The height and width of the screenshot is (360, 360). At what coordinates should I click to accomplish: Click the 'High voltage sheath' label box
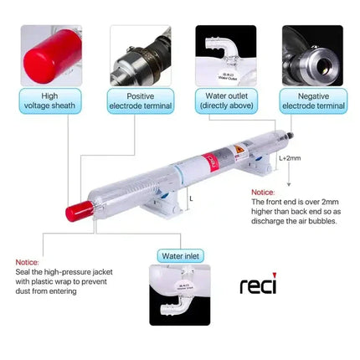pos(51,101)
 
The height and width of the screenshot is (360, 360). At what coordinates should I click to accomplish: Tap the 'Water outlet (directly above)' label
pos(226,101)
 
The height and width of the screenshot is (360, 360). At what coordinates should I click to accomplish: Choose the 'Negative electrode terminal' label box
pos(311,101)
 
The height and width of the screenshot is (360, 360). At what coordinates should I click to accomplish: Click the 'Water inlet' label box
pos(180,255)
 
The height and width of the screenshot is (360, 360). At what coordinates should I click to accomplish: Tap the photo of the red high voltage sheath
pos(51,54)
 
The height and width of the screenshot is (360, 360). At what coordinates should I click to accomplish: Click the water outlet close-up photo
pos(226,54)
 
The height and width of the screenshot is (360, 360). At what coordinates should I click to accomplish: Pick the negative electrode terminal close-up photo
pos(311,54)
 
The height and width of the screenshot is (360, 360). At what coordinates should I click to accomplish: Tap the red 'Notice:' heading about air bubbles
pos(263,192)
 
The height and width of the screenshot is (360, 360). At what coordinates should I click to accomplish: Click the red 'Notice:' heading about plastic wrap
pos(28,261)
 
